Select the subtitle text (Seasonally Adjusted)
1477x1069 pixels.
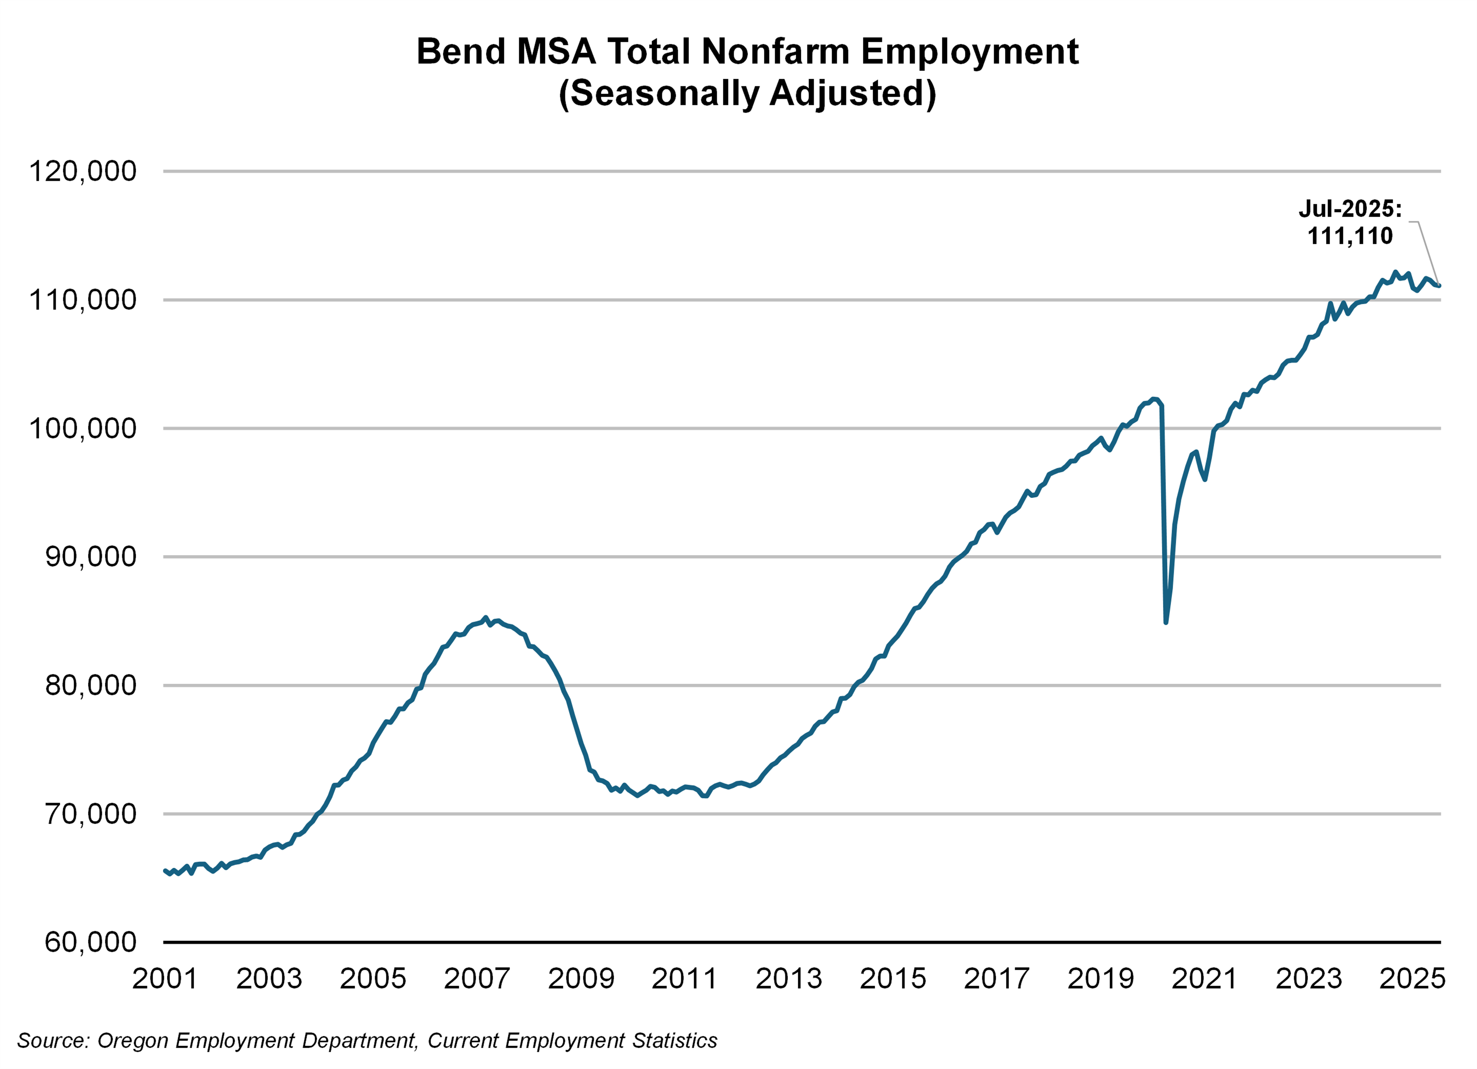pos(747,93)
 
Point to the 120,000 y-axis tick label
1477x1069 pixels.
pos(83,171)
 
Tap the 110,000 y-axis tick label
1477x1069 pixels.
pos(83,300)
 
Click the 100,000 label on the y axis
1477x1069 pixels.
pos(83,428)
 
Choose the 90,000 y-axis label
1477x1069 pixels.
pos(91,557)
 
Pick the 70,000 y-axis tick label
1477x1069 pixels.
pos(91,814)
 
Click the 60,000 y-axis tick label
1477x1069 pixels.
pos(91,942)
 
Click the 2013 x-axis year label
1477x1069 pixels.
pos(788,979)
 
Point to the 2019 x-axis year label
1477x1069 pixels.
pos(1100,979)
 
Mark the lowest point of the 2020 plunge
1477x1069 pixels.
pos(1166,622)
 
